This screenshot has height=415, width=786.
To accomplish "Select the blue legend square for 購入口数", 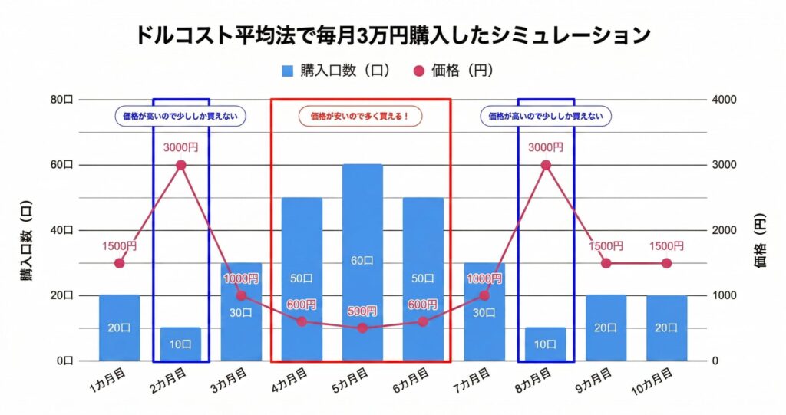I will coord(288,71).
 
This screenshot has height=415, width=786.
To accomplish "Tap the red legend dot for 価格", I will coord(418,71).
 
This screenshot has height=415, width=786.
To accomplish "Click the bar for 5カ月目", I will coord(362,262).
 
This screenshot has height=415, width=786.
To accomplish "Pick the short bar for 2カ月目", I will coord(180,344).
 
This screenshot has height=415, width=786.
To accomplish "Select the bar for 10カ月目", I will coord(666,328).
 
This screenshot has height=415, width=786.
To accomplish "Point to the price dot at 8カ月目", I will coord(546,165).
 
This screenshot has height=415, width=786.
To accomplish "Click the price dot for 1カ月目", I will coord(119,263).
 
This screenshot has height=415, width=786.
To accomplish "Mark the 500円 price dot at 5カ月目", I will coord(362,328).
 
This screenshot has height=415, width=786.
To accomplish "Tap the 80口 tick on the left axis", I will coord(62,100).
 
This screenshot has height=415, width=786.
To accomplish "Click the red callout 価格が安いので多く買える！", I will coord(361,117).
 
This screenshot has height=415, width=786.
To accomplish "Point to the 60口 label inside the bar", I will coord(362,262).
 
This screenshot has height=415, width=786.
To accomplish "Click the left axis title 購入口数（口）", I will coord(26,230).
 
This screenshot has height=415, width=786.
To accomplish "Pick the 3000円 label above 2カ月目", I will coord(180,147).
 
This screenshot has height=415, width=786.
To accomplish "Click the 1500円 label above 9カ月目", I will coord(606,245).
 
